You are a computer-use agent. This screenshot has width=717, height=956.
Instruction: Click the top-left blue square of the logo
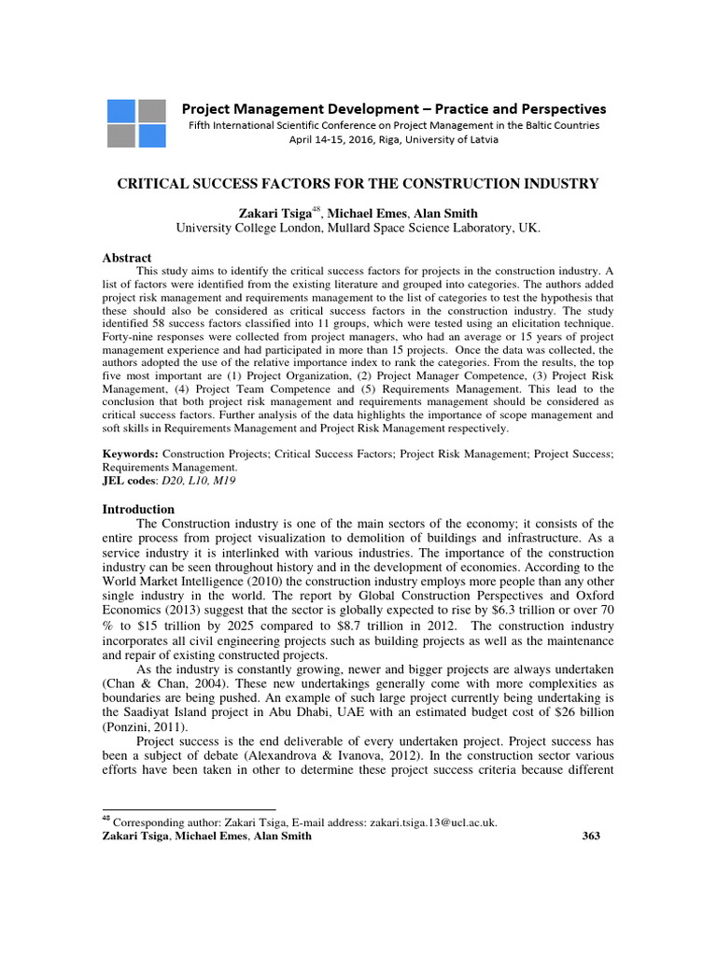point(120,110)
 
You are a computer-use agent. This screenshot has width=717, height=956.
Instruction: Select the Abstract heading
point(126,258)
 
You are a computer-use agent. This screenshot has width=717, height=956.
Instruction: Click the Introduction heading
point(137,509)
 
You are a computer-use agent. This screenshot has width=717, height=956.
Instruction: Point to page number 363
point(590,836)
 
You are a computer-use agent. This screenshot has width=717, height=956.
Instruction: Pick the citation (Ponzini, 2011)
point(142,726)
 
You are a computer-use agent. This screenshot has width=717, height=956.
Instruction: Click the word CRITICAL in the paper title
point(153,184)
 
